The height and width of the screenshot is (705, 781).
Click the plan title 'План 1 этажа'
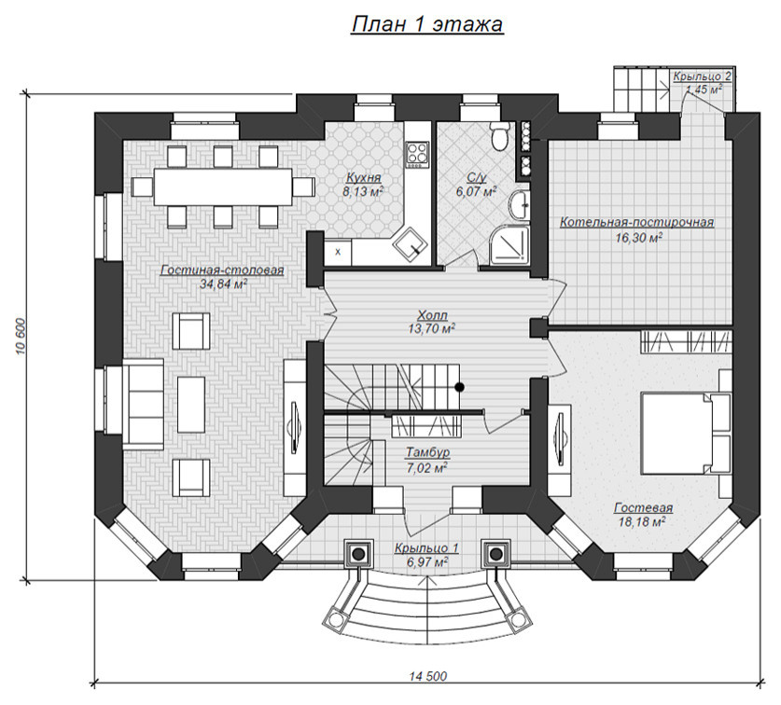[427, 25]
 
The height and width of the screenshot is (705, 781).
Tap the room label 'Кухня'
[363, 178]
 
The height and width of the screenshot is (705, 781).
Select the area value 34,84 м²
[223, 284]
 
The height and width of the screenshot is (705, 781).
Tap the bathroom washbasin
[520, 204]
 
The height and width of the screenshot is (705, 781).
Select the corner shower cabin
[509, 245]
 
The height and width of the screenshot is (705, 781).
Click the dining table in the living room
[223, 187]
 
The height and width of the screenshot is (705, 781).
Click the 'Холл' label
[432, 315]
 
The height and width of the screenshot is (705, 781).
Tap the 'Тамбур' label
[428, 452]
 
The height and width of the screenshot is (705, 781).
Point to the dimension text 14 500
[428, 675]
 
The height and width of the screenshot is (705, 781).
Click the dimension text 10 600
[21, 336]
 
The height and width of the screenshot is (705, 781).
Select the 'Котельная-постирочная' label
[637, 222]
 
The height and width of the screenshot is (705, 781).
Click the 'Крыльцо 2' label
[702, 76]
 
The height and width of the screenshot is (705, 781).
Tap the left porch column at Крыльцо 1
[358, 553]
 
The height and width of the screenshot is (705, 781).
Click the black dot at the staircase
[460, 386]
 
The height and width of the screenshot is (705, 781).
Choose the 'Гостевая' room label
[643, 508]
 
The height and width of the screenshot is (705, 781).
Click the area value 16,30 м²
[638, 238]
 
